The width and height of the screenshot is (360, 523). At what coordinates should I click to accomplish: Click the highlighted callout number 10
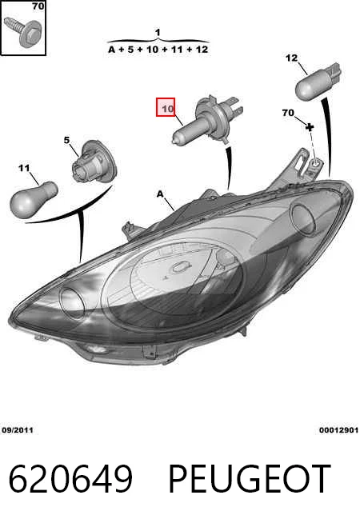point(166,107)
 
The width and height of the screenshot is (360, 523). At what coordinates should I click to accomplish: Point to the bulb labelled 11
point(34,199)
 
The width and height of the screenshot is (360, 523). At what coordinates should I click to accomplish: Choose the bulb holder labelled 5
point(94,162)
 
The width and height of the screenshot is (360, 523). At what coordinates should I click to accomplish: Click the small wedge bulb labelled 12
point(318,82)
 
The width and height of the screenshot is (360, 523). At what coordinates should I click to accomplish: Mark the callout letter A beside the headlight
point(161,194)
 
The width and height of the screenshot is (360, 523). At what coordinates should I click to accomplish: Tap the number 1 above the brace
point(158,32)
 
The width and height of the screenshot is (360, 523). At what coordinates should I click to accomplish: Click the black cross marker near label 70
point(310,126)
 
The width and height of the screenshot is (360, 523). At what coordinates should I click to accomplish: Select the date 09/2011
point(18,430)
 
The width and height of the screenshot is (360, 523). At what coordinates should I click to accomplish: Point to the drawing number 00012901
point(338,430)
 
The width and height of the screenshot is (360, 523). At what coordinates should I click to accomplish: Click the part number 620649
point(70,479)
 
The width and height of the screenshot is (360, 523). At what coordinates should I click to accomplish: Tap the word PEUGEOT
point(250,479)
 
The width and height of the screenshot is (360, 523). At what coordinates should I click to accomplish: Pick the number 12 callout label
point(291,58)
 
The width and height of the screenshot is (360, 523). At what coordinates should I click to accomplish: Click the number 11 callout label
point(24,168)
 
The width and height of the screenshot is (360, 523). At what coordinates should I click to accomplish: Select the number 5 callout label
point(66,140)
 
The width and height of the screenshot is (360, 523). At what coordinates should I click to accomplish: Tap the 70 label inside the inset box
point(38,6)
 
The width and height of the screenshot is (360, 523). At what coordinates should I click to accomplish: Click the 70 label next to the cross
point(288,113)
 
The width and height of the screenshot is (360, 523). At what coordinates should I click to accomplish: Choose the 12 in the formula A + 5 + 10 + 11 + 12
point(202,50)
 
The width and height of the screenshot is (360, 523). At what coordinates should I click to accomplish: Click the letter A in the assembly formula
point(112,50)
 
